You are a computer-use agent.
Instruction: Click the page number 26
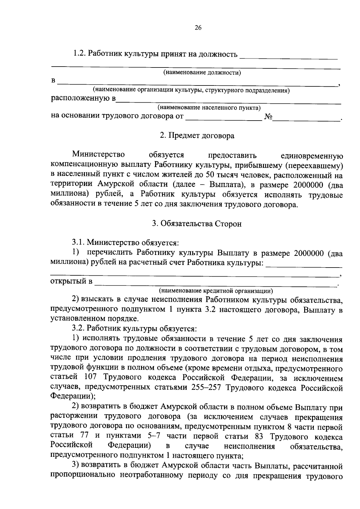(198, 28)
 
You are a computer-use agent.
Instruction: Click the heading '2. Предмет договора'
(197, 136)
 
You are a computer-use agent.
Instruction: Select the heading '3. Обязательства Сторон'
(196, 224)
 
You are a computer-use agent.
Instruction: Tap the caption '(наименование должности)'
(202, 73)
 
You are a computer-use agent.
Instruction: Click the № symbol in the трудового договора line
(268, 117)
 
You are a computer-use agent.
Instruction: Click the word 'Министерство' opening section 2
(98, 155)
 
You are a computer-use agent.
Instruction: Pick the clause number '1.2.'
(79, 54)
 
